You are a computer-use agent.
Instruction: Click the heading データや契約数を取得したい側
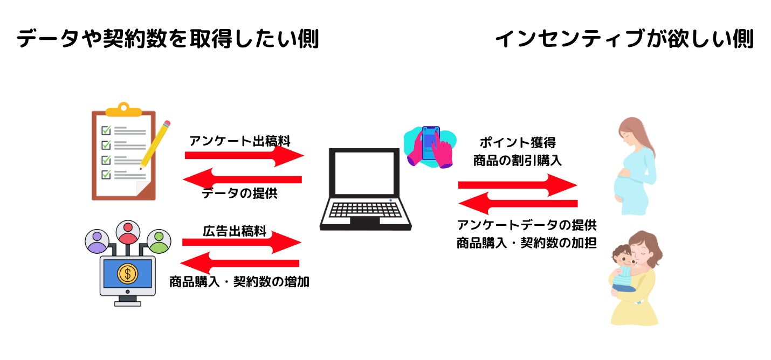167,39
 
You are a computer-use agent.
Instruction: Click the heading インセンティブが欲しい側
624,39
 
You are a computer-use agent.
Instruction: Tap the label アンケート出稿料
240,142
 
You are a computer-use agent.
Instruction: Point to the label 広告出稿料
235,231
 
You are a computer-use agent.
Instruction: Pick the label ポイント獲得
517,143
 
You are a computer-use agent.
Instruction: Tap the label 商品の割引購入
517,161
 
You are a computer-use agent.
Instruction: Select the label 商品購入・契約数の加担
526,243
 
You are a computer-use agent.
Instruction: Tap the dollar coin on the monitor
128,274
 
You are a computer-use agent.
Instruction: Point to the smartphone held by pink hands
431,143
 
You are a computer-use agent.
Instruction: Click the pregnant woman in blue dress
635,167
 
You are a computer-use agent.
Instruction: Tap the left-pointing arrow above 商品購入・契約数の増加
239,263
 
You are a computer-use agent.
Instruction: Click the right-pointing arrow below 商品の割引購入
518,185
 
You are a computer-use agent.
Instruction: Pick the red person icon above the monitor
128,232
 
